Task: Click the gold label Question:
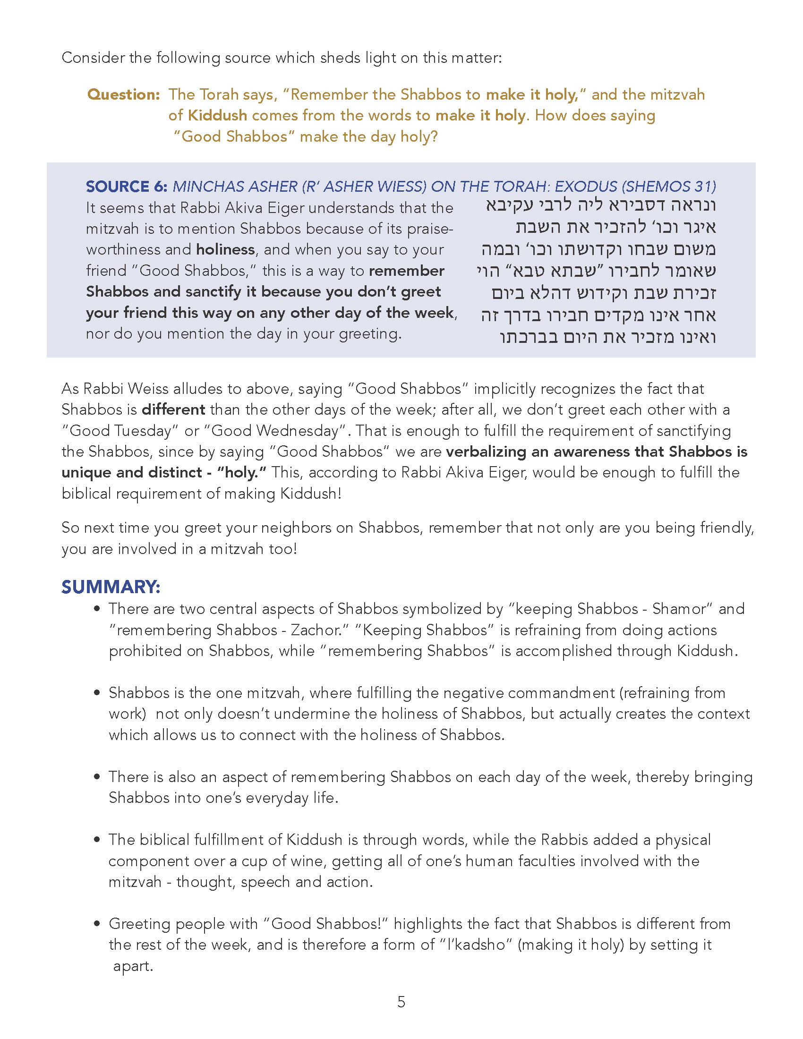tap(123, 94)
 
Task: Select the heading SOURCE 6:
tap(126, 187)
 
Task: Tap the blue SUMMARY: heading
tap(111, 587)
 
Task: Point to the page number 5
tap(401, 1002)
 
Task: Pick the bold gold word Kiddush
tap(217, 116)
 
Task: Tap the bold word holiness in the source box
tap(225, 250)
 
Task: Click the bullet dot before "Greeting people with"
tap(97, 924)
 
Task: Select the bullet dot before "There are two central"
tap(97, 609)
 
